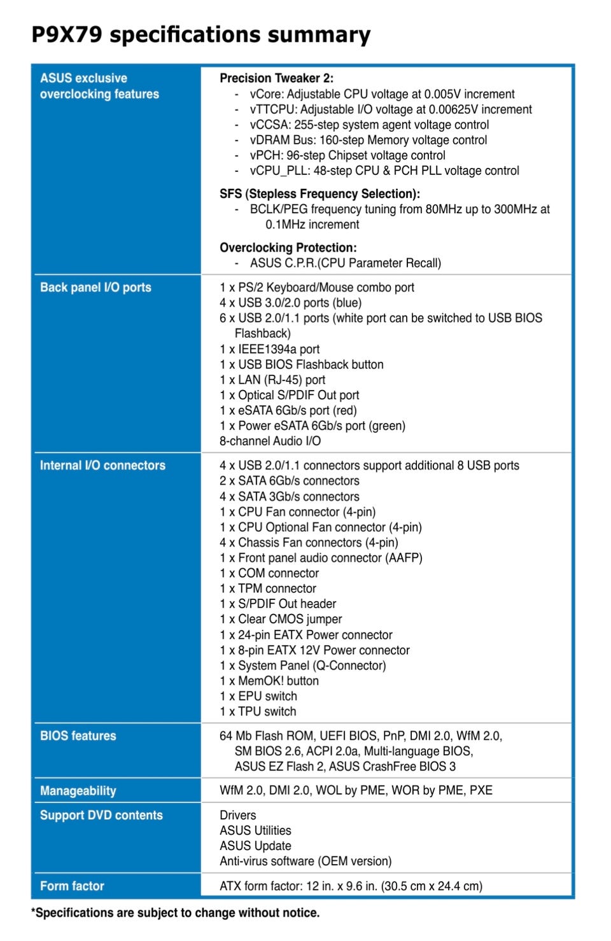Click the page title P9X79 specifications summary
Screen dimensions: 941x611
click(200, 34)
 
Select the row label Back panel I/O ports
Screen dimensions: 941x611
click(95, 288)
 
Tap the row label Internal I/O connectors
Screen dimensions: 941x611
click(102, 466)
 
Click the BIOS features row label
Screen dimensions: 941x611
click(78, 736)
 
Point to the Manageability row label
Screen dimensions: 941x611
click(78, 791)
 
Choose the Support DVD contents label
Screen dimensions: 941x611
click(101, 816)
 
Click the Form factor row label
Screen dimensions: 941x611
click(72, 886)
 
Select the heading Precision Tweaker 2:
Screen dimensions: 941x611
click(276, 78)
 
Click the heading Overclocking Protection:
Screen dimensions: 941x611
click(288, 247)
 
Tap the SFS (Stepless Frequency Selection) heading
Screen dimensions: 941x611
click(320, 193)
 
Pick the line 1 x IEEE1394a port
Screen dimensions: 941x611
click(269, 349)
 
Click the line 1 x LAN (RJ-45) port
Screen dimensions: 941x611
click(272, 380)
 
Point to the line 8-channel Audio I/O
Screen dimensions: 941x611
click(270, 441)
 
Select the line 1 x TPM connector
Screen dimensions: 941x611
click(268, 589)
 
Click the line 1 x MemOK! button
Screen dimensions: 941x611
click(269, 681)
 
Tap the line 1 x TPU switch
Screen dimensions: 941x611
click(258, 711)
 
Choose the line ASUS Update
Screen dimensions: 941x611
click(255, 846)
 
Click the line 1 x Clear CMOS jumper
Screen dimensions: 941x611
click(281, 619)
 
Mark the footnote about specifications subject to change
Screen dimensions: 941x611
click(176, 913)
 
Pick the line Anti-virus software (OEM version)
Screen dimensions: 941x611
click(305, 861)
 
